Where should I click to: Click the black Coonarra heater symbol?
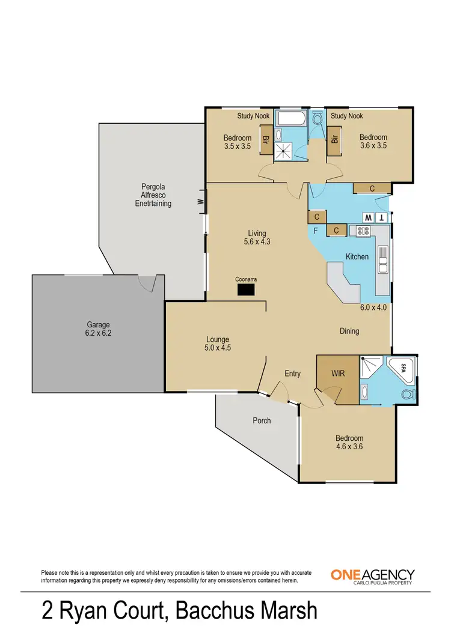[245, 290]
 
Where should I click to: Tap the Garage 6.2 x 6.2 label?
[97, 329]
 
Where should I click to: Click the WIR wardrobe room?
[337, 373]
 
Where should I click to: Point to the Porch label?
[261, 420]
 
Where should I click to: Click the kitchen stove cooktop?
[363, 231]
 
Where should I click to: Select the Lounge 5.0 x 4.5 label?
[218, 343]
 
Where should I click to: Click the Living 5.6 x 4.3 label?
[257, 238]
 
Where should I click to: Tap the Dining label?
[349, 331]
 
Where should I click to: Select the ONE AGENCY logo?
[372, 575]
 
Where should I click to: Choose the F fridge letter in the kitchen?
[315, 230]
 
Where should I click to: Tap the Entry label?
[292, 374]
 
